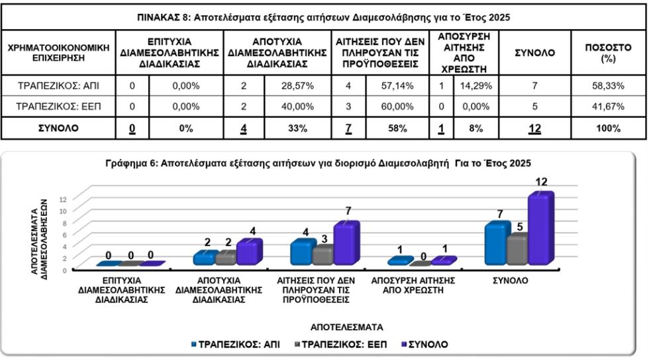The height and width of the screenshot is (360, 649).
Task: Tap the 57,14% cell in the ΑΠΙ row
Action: tap(397, 85)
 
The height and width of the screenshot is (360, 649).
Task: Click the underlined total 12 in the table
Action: tap(534, 128)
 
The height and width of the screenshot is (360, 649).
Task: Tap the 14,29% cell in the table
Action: tap(474, 85)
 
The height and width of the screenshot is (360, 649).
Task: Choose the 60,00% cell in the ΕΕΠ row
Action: tap(397, 107)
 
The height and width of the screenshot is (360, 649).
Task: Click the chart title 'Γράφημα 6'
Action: tap(318, 163)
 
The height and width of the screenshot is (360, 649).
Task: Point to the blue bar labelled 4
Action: tap(301, 253)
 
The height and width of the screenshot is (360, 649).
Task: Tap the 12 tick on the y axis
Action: tap(63, 199)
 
